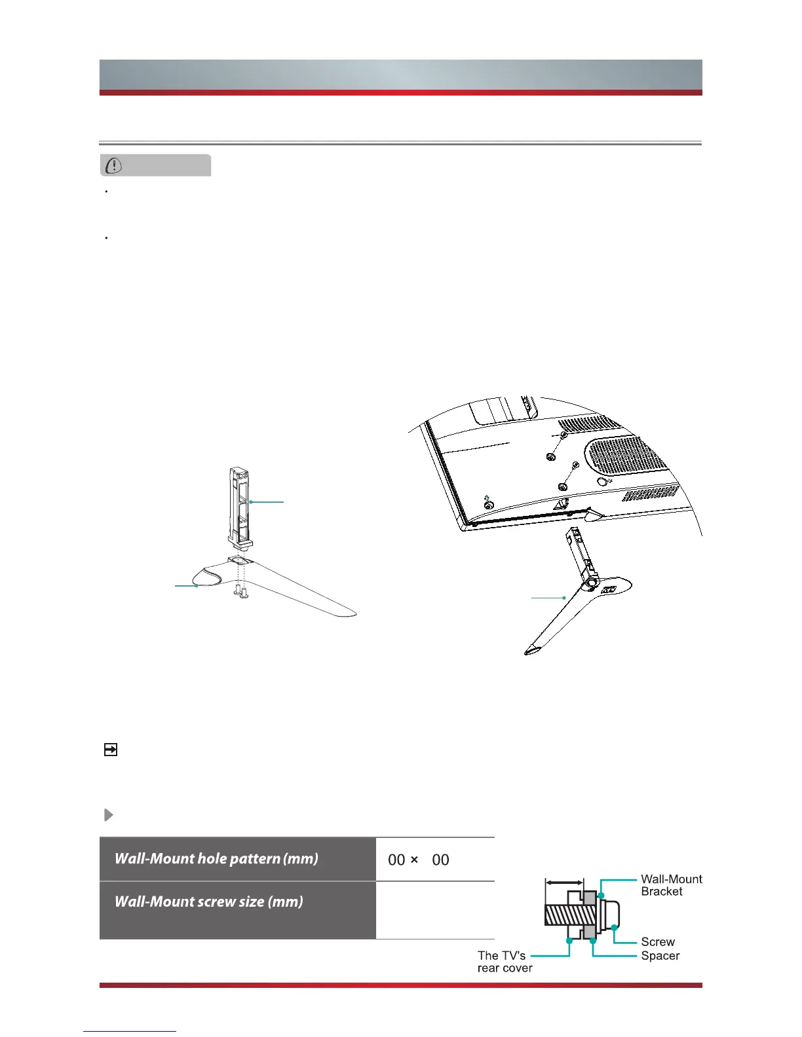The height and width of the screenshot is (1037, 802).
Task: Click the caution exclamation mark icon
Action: (114, 166)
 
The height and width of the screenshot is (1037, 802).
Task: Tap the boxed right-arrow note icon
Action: (110, 749)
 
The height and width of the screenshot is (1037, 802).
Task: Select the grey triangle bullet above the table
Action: (108, 814)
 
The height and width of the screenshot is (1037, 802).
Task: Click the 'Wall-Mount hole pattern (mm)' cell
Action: (237, 858)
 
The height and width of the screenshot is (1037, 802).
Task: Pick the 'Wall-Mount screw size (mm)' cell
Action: (237, 910)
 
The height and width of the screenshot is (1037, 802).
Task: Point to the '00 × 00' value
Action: (419, 860)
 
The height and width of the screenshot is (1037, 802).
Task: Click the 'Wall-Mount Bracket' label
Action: (671, 885)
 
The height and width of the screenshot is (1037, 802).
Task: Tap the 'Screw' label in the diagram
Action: (658, 941)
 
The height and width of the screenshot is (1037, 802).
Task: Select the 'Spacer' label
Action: (660, 955)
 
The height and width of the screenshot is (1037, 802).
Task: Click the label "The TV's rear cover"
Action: (505, 962)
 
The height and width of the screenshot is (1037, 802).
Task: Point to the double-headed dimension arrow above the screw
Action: (564, 882)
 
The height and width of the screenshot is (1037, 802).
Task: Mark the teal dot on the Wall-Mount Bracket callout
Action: (601, 896)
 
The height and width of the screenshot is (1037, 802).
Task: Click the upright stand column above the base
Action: (240, 507)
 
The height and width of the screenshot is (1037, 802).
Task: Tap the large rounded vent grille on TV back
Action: (626, 453)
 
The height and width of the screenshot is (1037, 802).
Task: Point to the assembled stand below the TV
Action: (579, 591)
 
